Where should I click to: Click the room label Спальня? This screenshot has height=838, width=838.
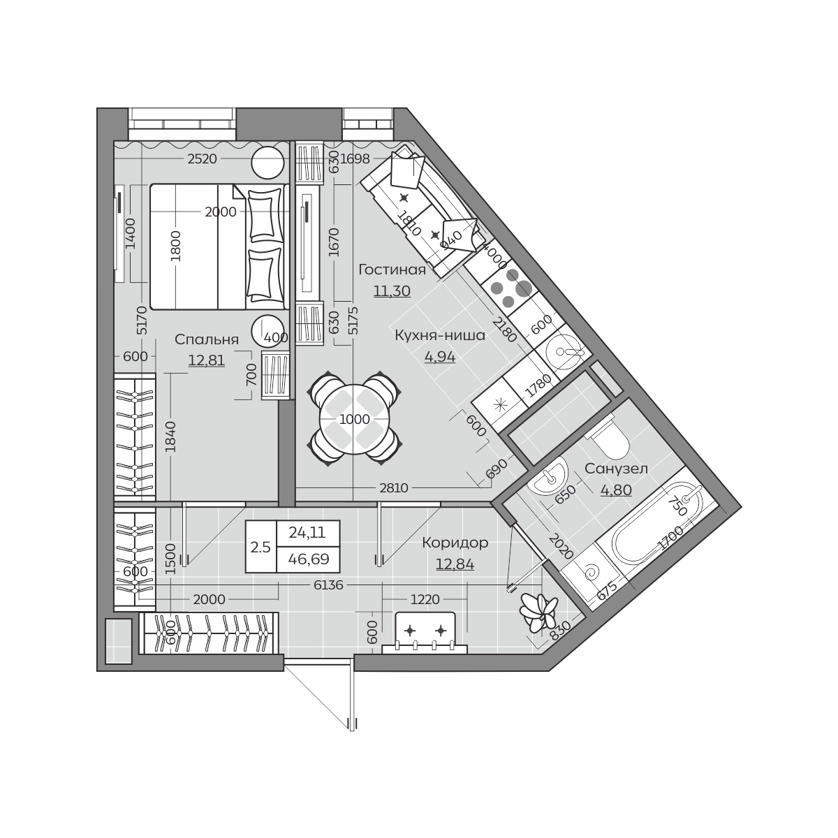tap(207, 339)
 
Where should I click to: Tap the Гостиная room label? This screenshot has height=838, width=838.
tap(392, 270)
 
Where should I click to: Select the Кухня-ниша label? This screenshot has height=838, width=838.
tap(440, 336)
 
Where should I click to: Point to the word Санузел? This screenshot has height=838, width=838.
tap(616, 469)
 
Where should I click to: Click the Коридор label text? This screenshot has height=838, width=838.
tap(455, 543)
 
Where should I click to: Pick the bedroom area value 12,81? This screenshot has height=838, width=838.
tap(207, 360)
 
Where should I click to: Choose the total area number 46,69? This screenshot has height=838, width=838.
tap(309, 559)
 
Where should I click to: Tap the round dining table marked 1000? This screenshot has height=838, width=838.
tap(355, 420)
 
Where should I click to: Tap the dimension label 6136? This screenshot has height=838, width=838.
tap(328, 585)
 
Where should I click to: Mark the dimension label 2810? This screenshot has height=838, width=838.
tap(394, 488)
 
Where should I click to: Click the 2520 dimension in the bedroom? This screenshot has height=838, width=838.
tap(203, 159)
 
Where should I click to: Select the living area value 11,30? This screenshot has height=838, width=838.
tap(392, 291)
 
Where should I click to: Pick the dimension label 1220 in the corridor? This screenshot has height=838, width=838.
tap(425, 600)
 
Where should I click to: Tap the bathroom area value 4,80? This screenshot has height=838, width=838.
tap(616, 490)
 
